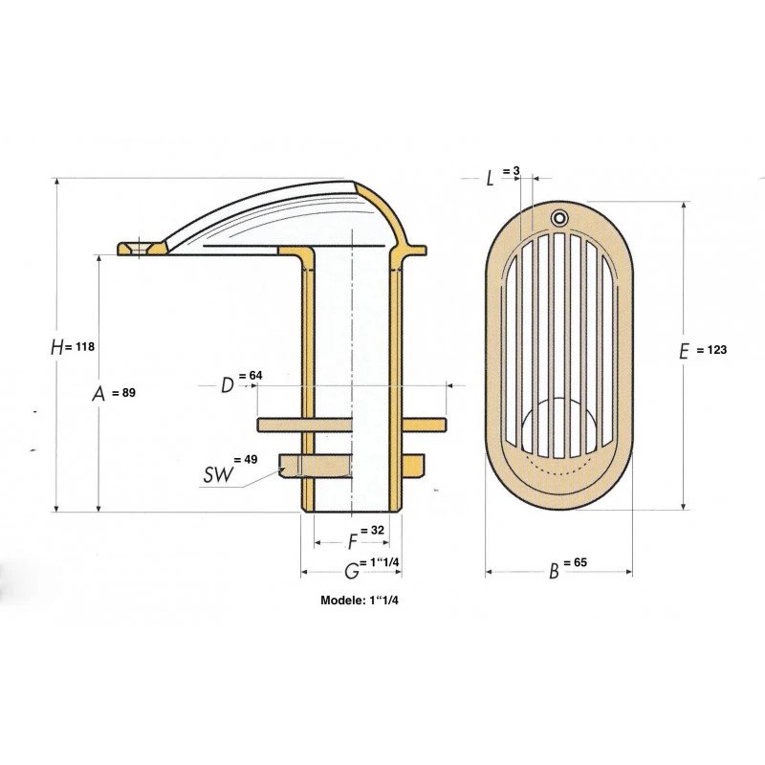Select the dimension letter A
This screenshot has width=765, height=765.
(99, 393)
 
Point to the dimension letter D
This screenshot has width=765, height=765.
(228, 385)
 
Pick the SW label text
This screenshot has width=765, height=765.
(218, 474)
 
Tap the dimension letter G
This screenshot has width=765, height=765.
(352, 571)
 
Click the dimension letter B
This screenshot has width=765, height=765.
(554, 571)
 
